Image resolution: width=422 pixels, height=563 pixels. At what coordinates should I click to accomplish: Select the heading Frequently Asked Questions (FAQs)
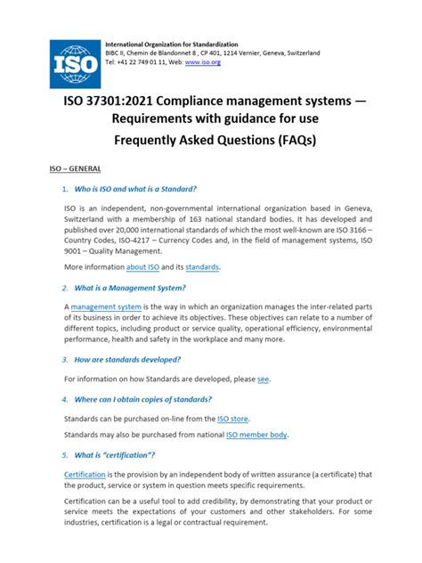coord(211,141)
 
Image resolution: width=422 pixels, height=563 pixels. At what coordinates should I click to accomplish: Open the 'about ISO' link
coord(142,266)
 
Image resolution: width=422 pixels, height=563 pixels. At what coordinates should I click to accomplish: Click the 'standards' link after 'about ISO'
coord(200,266)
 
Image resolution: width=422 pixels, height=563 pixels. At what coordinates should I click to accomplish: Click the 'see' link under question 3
coord(263,379)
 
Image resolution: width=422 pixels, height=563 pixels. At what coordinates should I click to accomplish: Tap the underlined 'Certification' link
coord(85,474)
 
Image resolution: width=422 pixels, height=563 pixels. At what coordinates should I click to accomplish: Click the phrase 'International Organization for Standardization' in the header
coord(175,44)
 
